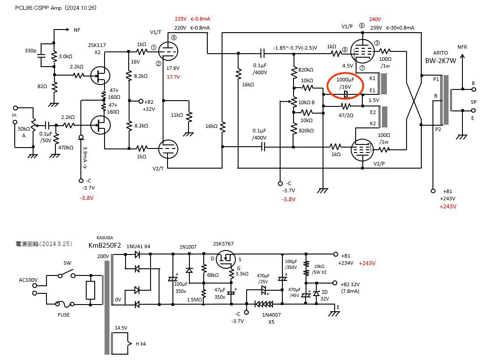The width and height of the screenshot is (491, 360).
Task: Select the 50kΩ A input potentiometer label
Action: [24, 132]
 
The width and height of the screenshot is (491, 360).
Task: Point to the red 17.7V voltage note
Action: [173, 77]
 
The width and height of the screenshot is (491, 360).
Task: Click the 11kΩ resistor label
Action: [177, 115]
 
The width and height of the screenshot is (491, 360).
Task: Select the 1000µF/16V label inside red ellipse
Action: [345, 83]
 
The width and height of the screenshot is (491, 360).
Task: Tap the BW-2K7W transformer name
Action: [440, 61]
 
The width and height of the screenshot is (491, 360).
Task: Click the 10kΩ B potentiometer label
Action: [307, 102]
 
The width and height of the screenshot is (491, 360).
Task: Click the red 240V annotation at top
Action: [375, 19]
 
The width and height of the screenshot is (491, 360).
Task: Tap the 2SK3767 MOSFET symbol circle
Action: [227, 258]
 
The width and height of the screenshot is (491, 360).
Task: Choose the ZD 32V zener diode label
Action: [325, 295]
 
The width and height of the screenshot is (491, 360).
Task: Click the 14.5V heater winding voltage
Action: [121, 328]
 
